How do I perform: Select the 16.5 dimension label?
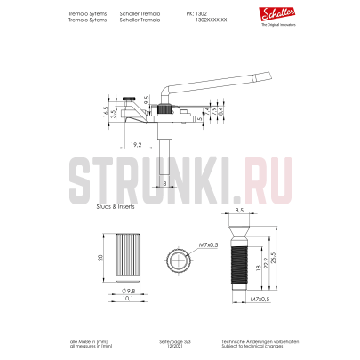click(x=105, y=114)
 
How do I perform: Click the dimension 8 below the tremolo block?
click(x=164, y=182)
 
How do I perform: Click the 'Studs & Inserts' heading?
click(x=115, y=204)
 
